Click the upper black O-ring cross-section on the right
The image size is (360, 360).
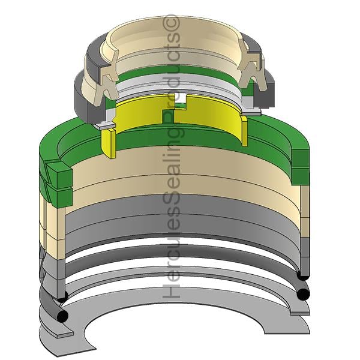coord(302,275)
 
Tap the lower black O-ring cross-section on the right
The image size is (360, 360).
coord(303,294)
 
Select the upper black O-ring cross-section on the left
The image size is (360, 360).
coord(62,296)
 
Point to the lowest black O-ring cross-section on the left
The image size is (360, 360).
coord(62,316)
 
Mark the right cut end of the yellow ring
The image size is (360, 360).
coord(244,131)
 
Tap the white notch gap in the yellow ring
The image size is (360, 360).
coord(181,98)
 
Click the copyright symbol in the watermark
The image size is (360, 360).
coord(171,22)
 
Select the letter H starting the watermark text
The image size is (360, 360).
coord(171,290)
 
